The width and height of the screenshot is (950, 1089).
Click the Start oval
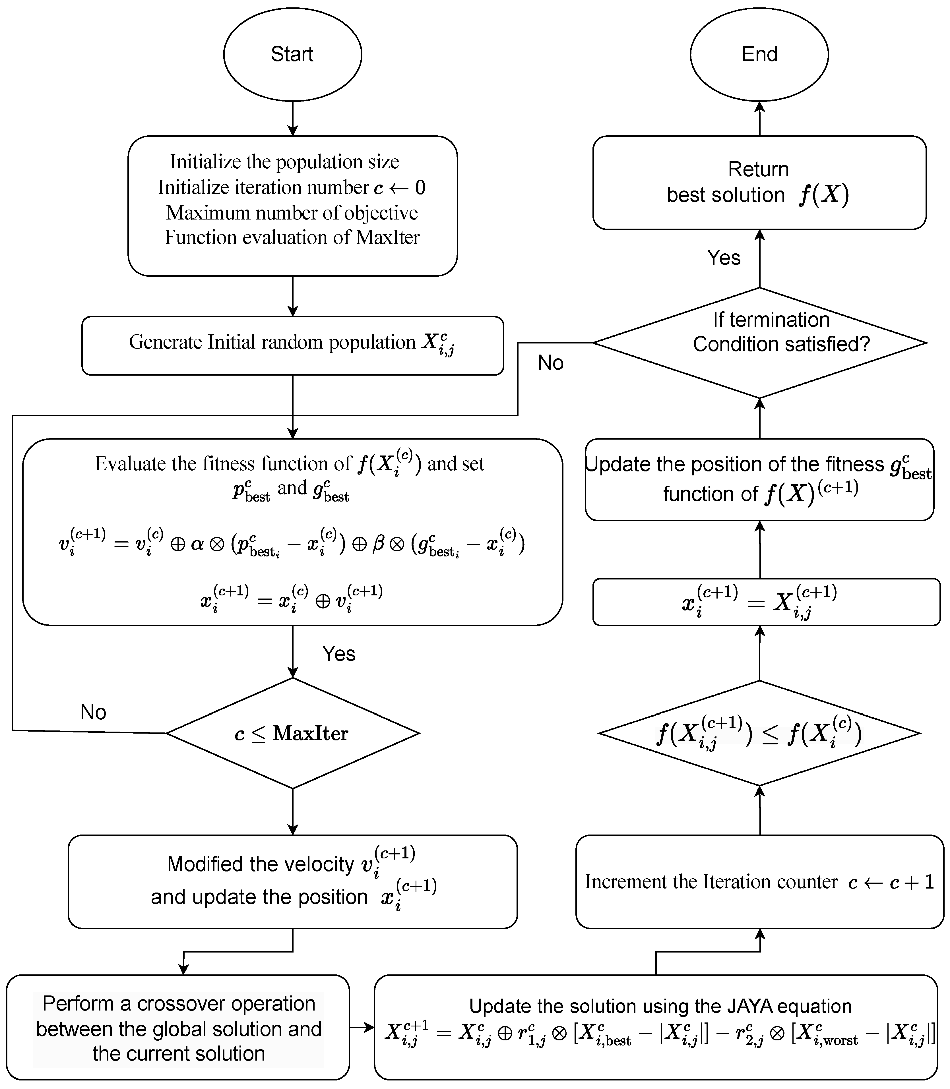click(292, 54)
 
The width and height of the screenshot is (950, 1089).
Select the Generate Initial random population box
click(292, 345)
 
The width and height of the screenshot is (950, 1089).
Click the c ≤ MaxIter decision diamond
click(292, 733)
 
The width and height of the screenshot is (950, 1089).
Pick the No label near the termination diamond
click(550, 363)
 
